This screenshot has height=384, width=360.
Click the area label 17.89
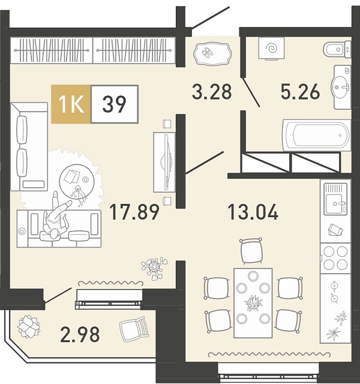pos(134,212)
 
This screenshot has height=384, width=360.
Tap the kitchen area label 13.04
pos(253,212)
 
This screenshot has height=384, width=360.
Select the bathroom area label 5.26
pos(300,91)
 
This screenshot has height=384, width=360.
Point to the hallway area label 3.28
pos(212,91)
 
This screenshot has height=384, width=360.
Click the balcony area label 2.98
pos(80,334)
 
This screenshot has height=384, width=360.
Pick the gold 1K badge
pos(71,104)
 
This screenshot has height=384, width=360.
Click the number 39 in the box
pos(114,104)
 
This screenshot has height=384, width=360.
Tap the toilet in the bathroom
pos(337,50)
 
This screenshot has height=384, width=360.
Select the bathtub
pos(317,134)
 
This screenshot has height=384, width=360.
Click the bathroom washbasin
pos(341,86)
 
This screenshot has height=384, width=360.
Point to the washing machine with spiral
pos(271,48)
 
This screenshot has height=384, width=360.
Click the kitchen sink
pos(335,199)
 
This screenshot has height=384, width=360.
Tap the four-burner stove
pos(335,258)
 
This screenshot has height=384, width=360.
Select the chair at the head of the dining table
pos(251,251)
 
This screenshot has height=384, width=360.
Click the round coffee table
pos(77,181)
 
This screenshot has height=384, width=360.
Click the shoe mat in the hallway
pos(212,53)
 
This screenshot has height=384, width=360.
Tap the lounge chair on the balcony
pos(134,329)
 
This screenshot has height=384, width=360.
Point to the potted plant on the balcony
pos(29,326)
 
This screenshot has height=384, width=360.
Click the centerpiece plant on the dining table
pos(253,303)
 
